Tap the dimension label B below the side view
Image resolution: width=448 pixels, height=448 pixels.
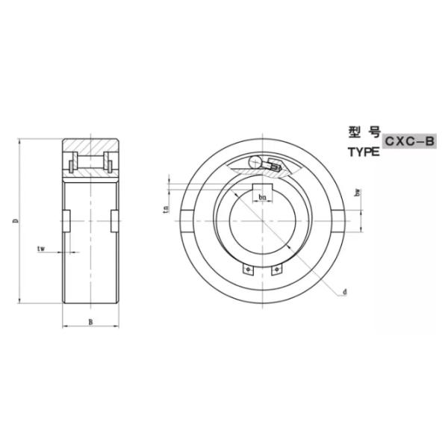point(90,323)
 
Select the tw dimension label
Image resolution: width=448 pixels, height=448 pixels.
point(43,247)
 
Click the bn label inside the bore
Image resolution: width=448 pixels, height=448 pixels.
point(262,197)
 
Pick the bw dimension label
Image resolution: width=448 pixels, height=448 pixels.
point(359,193)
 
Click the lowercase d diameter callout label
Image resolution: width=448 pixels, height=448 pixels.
point(345,291)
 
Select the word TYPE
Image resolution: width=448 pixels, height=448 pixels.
point(364,152)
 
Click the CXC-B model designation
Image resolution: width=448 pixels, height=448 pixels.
point(409,140)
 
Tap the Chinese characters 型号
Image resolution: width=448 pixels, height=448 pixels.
point(364,132)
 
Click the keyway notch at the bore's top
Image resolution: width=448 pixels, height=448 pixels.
point(262,189)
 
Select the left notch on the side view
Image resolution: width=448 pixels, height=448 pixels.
point(66,222)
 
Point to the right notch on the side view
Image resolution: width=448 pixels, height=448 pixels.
point(115,222)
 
